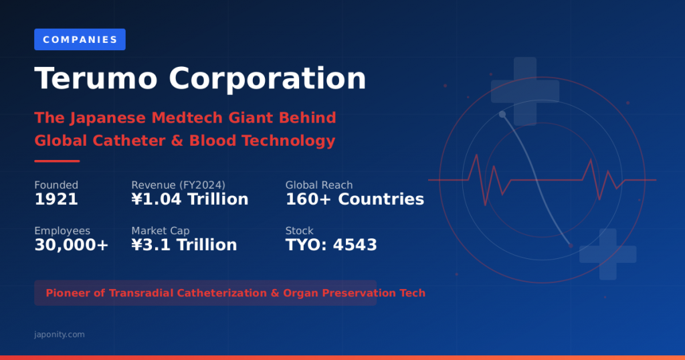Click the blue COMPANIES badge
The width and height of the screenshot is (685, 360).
pyautogui.click(x=80, y=39)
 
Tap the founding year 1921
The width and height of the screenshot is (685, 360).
pyautogui.click(x=56, y=199)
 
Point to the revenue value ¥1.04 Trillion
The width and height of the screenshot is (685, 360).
pyautogui.click(x=189, y=199)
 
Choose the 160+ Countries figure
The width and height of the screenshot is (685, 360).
pyautogui.click(x=355, y=199)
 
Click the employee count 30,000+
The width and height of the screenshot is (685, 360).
pyautogui.click(x=71, y=245)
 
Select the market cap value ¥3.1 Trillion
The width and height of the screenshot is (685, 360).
pyautogui.click(x=184, y=245)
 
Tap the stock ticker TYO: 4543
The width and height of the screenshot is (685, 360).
pyautogui.click(x=331, y=245)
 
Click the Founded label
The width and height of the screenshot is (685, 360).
pyautogui.click(x=56, y=185)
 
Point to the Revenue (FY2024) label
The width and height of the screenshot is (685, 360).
pyautogui.click(x=178, y=185)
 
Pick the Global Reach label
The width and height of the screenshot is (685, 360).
pyautogui.click(x=319, y=185)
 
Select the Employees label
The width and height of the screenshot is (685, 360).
pyautogui.click(x=62, y=231)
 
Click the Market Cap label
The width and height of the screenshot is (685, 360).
pyautogui.click(x=161, y=231)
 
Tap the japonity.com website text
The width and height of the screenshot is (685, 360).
pyautogui.click(x=60, y=334)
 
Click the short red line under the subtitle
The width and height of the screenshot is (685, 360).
pyautogui.click(x=57, y=161)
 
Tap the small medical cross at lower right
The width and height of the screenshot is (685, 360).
pyautogui.click(x=607, y=254)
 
